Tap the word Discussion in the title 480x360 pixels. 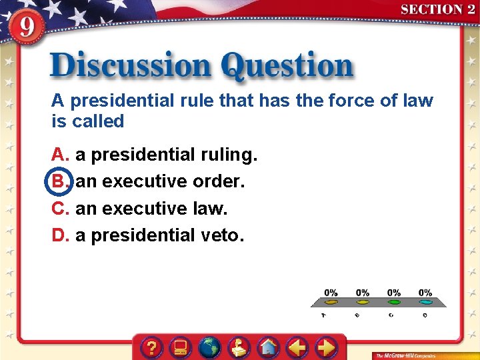pyautogui.click(x=131, y=67)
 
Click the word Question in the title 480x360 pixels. pyautogui.click(x=287, y=67)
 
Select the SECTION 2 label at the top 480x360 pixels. pyautogui.click(x=437, y=9)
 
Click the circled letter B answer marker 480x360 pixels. pyautogui.click(x=59, y=181)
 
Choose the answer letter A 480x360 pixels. pyautogui.click(x=60, y=155)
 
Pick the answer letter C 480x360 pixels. pyautogui.click(x=60, y=209)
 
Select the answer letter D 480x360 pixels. pyautogui.click(x=60, y=235)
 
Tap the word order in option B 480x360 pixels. pyautogui.click(x=218, y=181)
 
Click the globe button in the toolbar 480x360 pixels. pyautogui.click(x=210, y=347)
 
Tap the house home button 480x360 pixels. pyautogui.click(x=269, y=347)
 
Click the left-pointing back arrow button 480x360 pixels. pyautogui.click(x=298, y=347)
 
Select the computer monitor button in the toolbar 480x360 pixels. pyautogui.click(x=181, y=347)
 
